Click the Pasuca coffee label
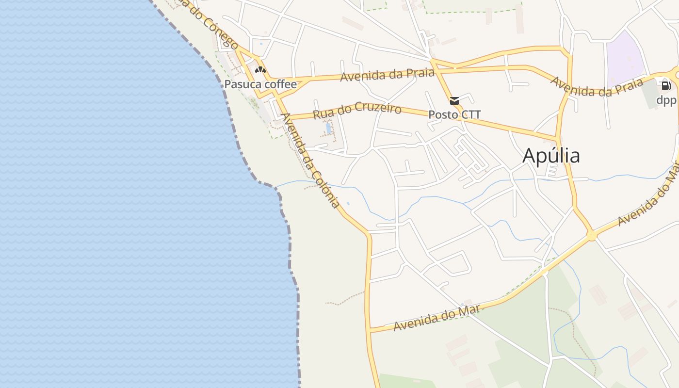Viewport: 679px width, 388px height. [260, 84]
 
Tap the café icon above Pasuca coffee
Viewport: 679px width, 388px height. [260, 70]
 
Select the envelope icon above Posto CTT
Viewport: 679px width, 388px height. [454, 101]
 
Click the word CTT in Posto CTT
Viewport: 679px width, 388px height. [470, 114]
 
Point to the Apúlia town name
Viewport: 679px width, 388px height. [551, 156]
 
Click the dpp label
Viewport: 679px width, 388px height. [666, 100]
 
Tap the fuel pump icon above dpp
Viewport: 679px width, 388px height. [666, 86]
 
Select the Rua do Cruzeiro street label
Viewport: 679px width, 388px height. [357, 110]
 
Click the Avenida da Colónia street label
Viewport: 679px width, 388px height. [310, 160]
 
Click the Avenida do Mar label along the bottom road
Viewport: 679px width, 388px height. [436, 318]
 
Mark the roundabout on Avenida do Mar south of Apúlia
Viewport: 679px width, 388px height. [591, 236]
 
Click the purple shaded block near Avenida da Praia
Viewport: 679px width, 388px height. [625, 58]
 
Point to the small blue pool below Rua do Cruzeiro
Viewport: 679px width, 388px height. [328, 128]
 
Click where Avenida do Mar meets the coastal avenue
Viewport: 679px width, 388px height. [370, 331]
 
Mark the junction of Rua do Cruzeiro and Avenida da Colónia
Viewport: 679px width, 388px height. [290, 117]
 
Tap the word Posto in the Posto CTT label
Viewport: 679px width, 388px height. [442, 114]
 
